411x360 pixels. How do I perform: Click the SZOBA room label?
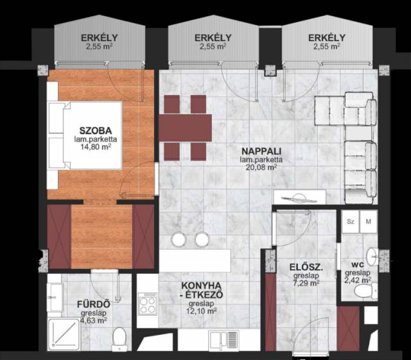coord(96,130)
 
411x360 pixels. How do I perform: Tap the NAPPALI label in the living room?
coord(261,151)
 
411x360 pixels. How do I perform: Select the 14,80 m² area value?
coord(96,147)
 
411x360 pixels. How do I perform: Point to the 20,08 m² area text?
coord(261,167)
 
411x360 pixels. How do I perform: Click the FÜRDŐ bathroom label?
coord(94,304)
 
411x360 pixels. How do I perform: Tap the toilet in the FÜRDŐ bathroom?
coord(119,339)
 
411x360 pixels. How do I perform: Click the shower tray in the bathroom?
coord(64,334)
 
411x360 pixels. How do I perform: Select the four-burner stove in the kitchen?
coord(148,304)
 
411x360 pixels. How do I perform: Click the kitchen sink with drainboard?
coord(224,340)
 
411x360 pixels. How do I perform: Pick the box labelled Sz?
coord(351,221)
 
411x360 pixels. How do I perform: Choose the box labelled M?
coord(369,221)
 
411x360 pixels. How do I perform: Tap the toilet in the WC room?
coord(366,291)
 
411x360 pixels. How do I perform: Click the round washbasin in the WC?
coord(372,257)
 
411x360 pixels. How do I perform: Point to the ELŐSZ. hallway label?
coord(306,267)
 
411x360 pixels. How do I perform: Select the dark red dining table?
coord(186,128)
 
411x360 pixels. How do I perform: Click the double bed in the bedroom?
coord(85,135)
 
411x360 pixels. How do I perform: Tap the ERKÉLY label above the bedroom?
coord(100,38)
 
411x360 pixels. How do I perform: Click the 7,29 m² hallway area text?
coord(306,283)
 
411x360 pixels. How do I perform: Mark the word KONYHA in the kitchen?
coord(201,286)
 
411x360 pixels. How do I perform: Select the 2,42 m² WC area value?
coord(358,280)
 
